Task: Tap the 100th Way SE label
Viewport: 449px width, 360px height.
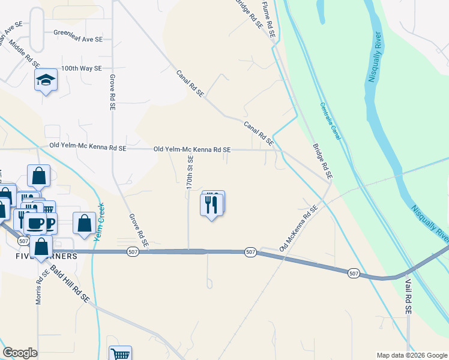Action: point(80,68)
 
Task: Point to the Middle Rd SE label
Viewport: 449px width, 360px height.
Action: point(25,55)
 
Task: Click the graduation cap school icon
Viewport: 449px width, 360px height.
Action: point(46,80)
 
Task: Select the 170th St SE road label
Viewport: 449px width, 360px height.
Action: point(190,173)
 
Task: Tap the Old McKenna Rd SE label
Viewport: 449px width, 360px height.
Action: point(298,228)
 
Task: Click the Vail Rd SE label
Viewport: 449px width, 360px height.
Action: point(408,296)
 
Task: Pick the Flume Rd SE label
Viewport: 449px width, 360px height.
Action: point(268,19)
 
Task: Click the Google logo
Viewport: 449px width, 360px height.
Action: point(20,353)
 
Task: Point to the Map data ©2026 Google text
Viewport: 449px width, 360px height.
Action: point(411,355)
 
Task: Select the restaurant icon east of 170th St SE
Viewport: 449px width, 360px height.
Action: point(212,204)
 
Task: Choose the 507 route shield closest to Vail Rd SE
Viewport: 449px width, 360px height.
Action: point(354,273)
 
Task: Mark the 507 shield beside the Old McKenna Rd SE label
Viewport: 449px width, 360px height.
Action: point(250,253)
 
